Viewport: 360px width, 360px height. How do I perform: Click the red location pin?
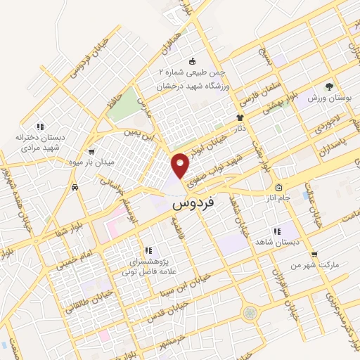click(x=181, y=165)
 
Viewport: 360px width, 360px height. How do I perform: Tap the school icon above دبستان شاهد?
click(x=277, y=231)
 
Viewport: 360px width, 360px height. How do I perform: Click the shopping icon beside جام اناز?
click(x=278, y=188)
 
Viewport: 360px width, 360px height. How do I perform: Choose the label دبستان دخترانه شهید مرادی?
click(x=40, y=143)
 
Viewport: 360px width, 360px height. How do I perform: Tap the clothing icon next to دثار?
click(x=239, y=117)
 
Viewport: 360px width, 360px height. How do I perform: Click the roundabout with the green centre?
click(x=250, y=311)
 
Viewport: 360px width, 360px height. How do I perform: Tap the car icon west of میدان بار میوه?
click(x=75, y=188)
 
